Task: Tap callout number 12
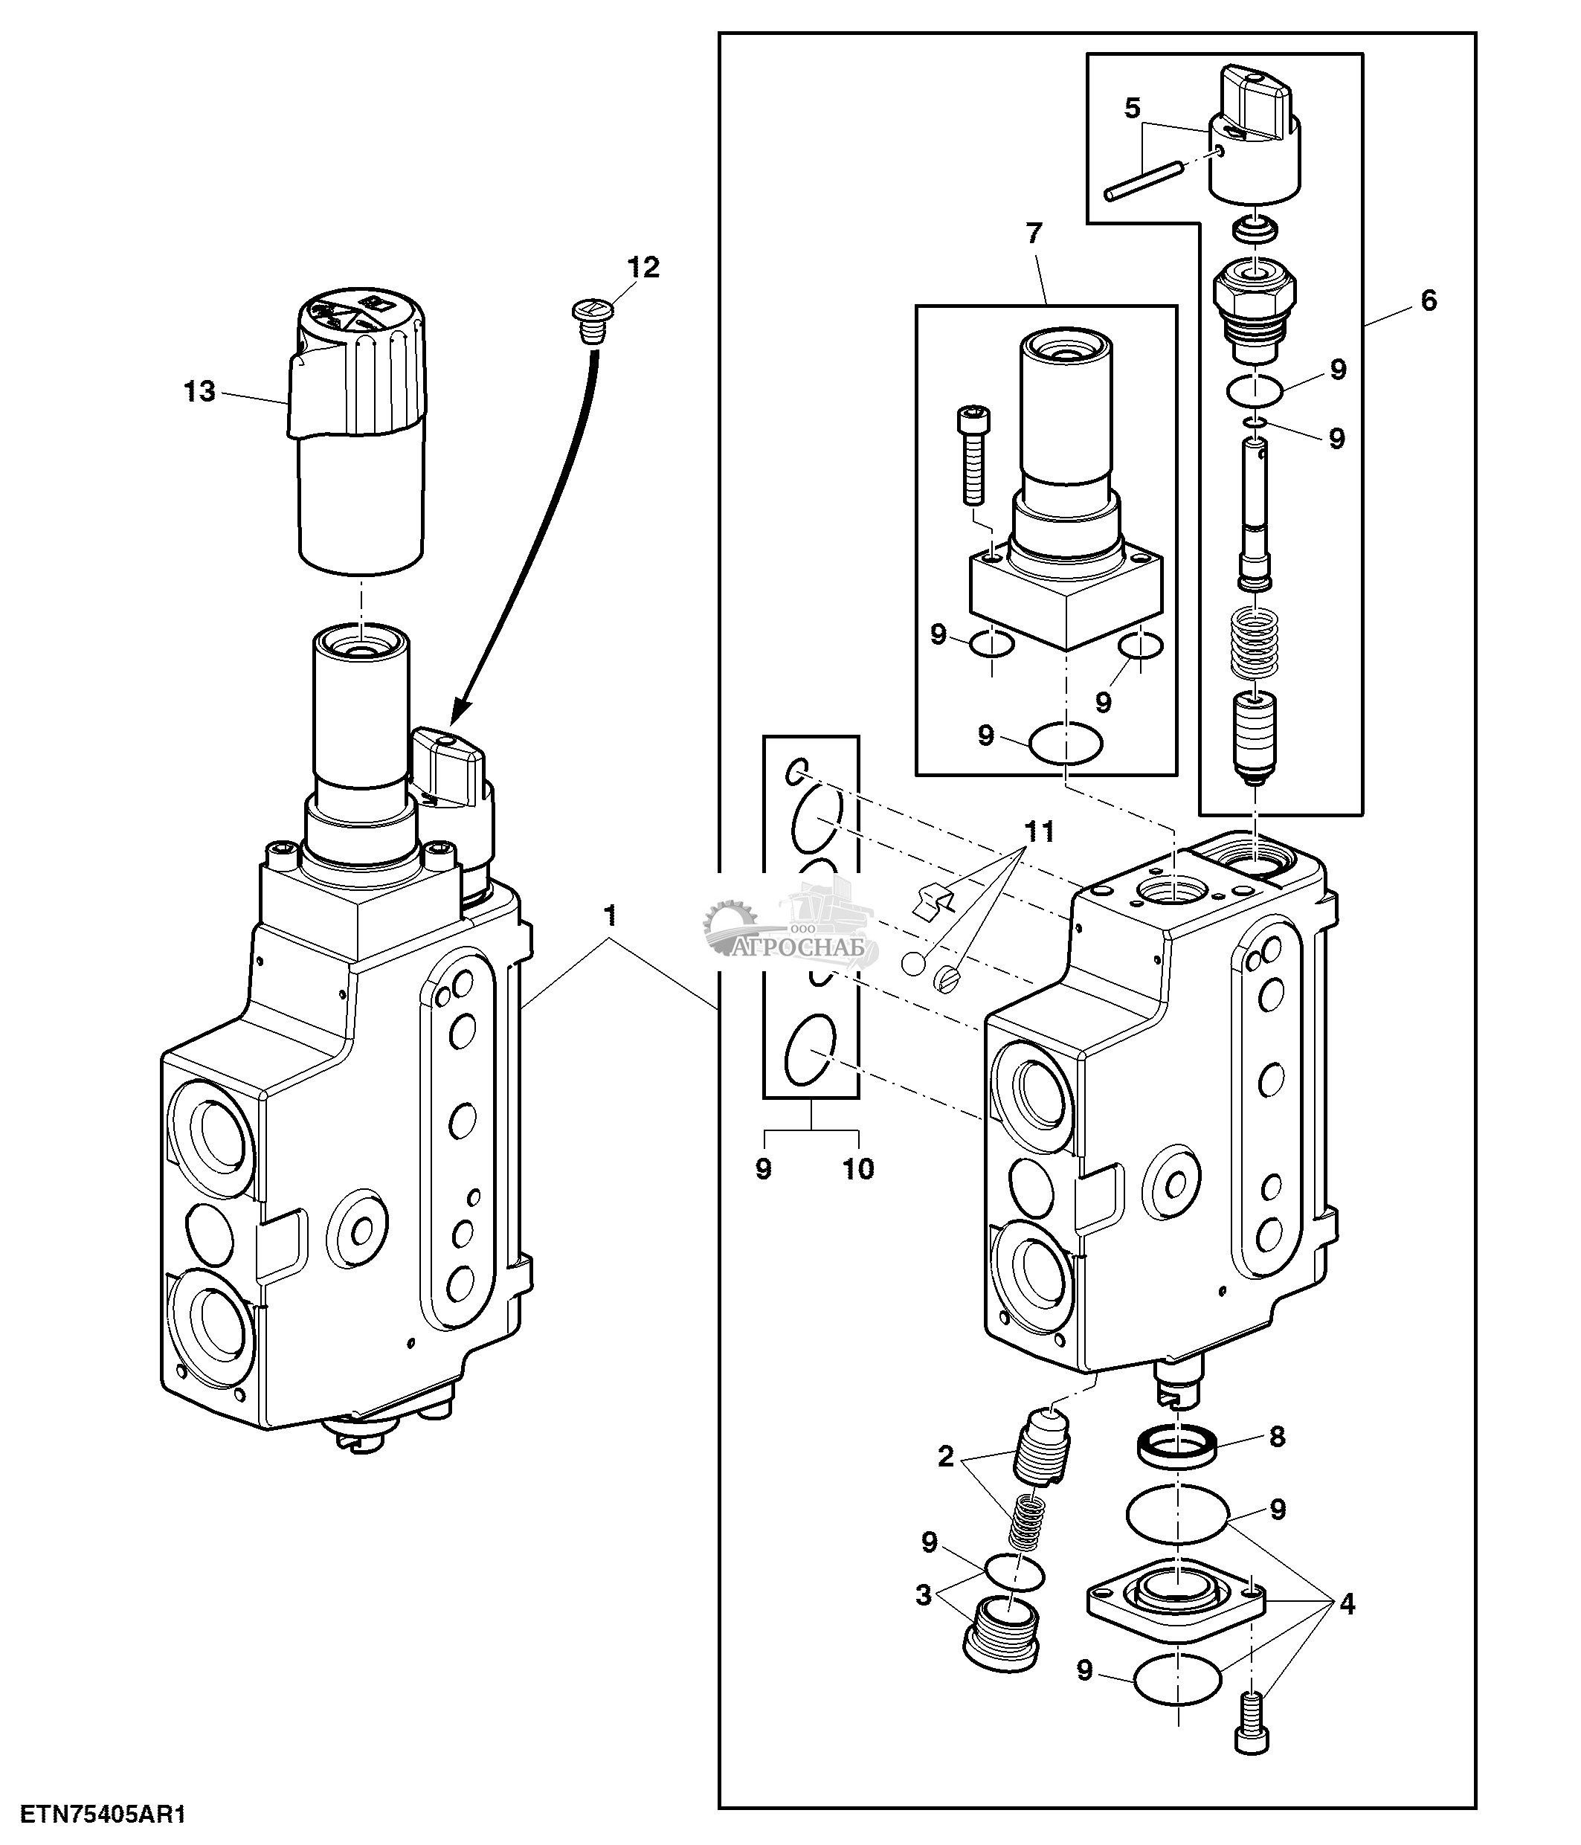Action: pyautogui.click(x=643, y=266)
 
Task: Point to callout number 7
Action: pyautogui.click(x=1033, y=234)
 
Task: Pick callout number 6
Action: pyautogui.click(x=1428, y=301)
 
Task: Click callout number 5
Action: pyautogui.click(x=1131, y=109)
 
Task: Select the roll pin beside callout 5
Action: pyautogui.click(x=1143, y=177)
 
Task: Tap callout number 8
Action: pyautogui.click(x=1277, y=1437)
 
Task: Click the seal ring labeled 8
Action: pyautogui.click(x=1178, y=1445)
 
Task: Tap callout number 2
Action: pyautogui.click(x=945, y=1457)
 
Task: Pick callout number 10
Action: pyautogui.click(x=858, y=1169)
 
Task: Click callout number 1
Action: pyautogui.click(x=610, y=914)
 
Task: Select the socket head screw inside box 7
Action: pyautogui.click(x=972, y=455)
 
